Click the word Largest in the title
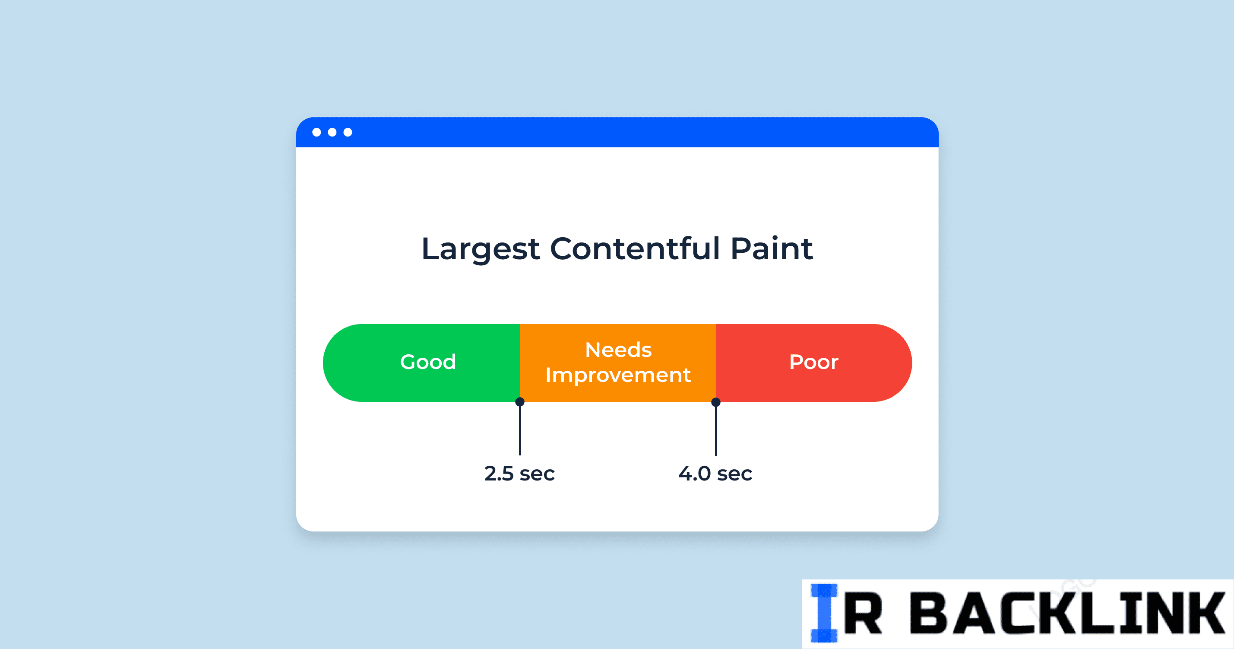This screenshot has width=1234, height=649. (481, 249)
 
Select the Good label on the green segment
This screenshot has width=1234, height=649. (428, 362)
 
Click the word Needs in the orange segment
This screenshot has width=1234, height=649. (618, 350)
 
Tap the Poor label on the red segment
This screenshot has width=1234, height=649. (814, 362)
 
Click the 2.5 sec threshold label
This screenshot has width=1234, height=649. (519, 474)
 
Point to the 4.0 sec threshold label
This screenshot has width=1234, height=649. (715, 474)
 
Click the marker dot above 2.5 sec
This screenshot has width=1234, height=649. (520, 402)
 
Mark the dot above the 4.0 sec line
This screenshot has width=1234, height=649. (716, 402)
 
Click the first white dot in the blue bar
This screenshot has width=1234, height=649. (316, 132)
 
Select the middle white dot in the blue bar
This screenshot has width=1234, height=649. (332, 132)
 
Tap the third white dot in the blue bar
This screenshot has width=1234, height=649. (348, 132)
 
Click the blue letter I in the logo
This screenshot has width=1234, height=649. (824, 613)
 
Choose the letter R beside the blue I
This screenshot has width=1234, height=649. (862, 614)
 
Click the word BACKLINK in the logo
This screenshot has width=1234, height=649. (1067, 614)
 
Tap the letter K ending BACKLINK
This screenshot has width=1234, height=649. (1204, 614)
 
